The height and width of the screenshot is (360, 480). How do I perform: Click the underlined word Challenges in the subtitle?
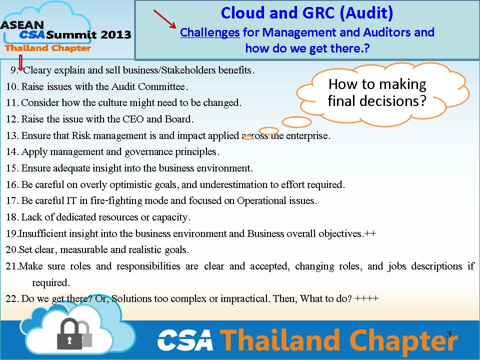tap(209, 33)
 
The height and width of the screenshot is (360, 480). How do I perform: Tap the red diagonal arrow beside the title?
tap(164, 19)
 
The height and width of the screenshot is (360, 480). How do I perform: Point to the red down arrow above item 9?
tap(20, 63)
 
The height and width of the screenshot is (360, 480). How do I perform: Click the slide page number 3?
tap(449, 334)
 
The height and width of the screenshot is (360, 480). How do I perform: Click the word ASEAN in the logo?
tap(22, 25)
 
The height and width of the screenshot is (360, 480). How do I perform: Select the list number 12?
tap(12, 119)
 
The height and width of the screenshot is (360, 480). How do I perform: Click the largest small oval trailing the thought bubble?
tap(296, 122)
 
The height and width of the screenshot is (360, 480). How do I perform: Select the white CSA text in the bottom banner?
tap(185, 340)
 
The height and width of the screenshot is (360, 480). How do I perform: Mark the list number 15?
tap(12, 168)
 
